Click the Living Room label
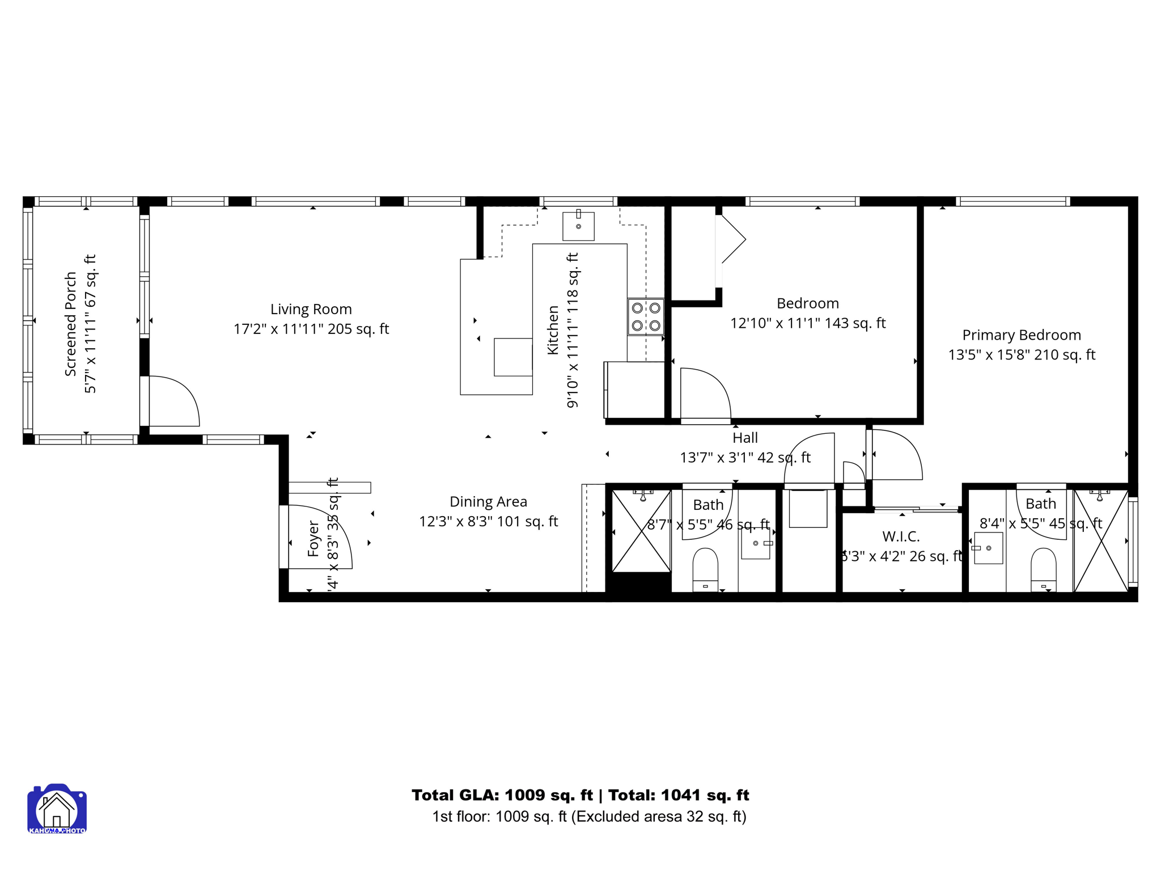pos(311,309)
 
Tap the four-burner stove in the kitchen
pos(646,316)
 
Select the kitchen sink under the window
pos(578,226)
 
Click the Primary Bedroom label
pos(1021,335)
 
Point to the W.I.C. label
pos(901,536)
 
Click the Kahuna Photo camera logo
pos(57,809)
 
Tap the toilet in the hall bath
pos(705,569)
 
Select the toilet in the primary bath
pos(1043,569)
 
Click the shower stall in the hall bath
pos(641,531)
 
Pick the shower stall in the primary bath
pos(1100,541)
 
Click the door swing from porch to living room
pos(172,401)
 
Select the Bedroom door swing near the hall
pos(705,394)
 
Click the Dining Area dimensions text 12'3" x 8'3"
pos(488,522)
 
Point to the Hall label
pos(745,438)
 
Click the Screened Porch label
pos(70,323)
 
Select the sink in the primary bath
pos(988,548)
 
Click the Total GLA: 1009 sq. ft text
pos(502,795)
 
